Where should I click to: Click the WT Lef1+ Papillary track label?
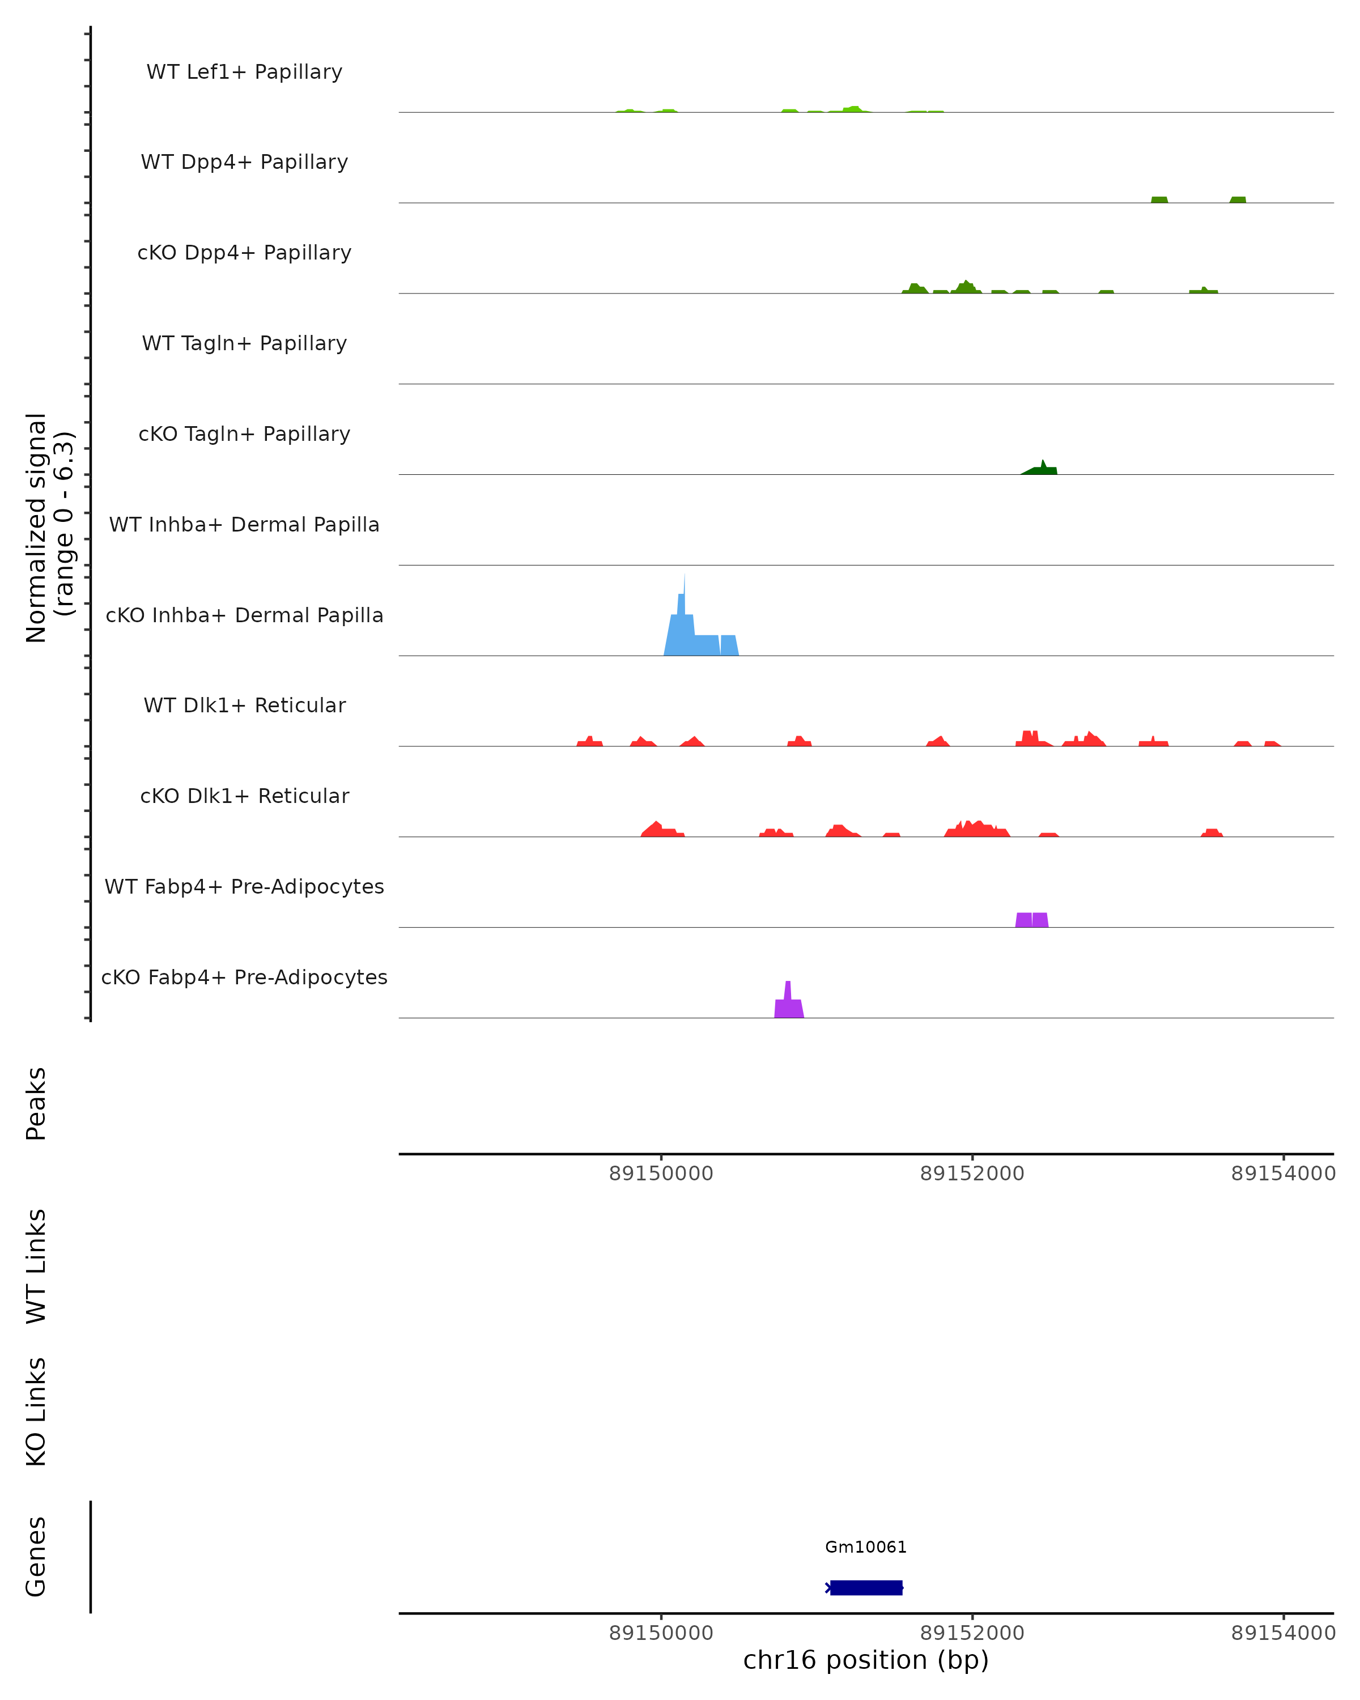pyautogui.click(x=244, y=72)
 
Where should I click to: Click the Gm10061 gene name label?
pyautogui.click(x=866, y=1547)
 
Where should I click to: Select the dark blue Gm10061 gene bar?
pyautogui.click(x=866, y=1587)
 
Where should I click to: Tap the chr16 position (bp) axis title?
pyautogui.click(x=866, y=1660)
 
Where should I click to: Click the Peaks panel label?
pyautogui.click(x=36, y=1103)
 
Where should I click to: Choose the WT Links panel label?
pyautogui.click(x=36, y=1265)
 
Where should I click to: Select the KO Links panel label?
pyautogui.click(x=36, y=1412)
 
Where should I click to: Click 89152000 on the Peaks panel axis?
pyautogui.click(x=972, y=1174)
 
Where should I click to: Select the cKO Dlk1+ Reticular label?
pyautogui.click(x=244, y=796)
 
